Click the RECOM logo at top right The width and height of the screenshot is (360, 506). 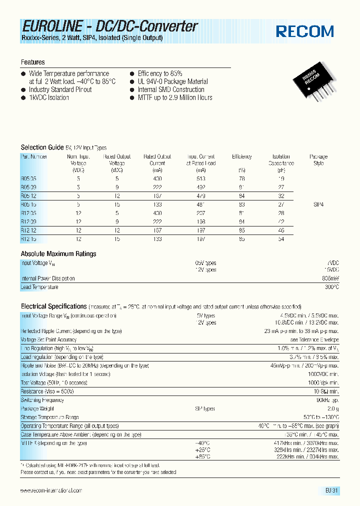point(304,31)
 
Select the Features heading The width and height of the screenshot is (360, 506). point(32,62)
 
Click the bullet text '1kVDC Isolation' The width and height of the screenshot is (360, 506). point(48,97)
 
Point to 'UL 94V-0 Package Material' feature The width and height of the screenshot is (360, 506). point(172,81)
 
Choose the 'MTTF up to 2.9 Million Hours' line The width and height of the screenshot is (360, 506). point(174,97)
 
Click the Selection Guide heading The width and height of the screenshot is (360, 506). point(42,147)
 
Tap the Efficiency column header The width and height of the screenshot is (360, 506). point(241,156)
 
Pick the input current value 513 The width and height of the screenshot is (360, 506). point(201,178)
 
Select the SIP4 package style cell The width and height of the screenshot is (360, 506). point(318,204)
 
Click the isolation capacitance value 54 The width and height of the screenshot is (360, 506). point(281,239)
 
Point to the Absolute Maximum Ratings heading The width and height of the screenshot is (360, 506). point(58,254)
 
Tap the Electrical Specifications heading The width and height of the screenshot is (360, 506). point(53,306)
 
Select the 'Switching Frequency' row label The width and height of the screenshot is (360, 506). point(43,400)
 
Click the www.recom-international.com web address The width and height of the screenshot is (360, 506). point(51,491)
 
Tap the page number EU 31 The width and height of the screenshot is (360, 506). point(331,491)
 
